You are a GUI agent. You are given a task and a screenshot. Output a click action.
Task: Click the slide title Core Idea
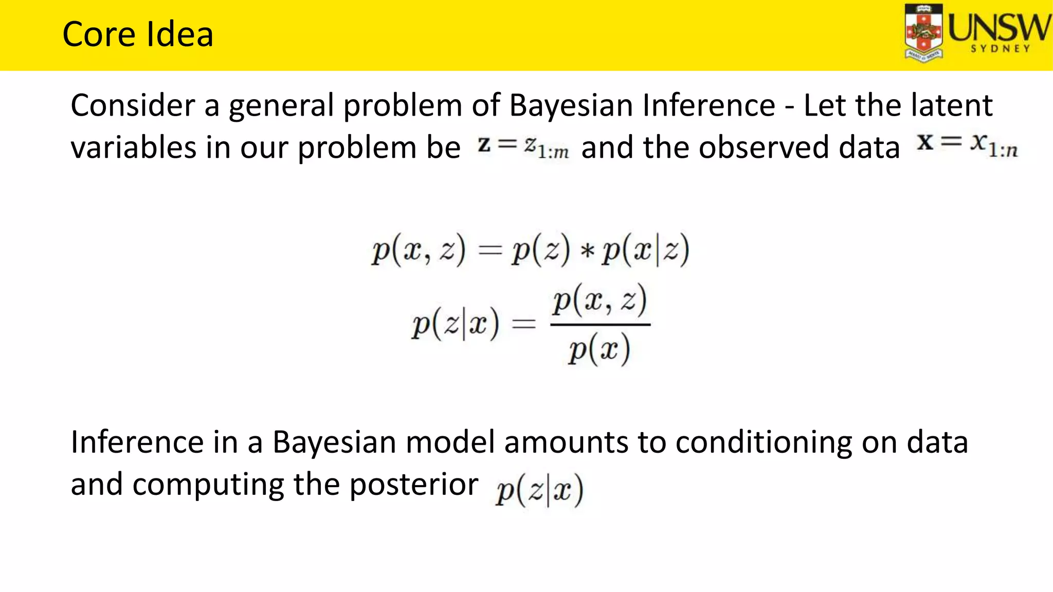pos(137,34)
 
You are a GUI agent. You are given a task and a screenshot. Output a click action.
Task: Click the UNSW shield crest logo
pos(924,33)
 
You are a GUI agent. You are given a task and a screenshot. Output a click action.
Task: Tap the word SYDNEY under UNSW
pos(1000,49)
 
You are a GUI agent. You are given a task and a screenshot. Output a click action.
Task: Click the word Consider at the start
pos(132,105)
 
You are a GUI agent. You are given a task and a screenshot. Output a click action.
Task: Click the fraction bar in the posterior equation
pos(600,325)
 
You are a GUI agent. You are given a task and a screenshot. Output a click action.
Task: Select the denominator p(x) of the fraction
pos(599,349)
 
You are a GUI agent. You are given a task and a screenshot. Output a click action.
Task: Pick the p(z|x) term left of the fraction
pos(455,325)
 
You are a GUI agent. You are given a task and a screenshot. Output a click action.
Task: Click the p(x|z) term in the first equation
pos(645,251)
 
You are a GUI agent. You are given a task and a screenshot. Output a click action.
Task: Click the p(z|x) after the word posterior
pos(539,490)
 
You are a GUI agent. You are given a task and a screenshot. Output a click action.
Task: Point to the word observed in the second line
pos(763,147)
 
